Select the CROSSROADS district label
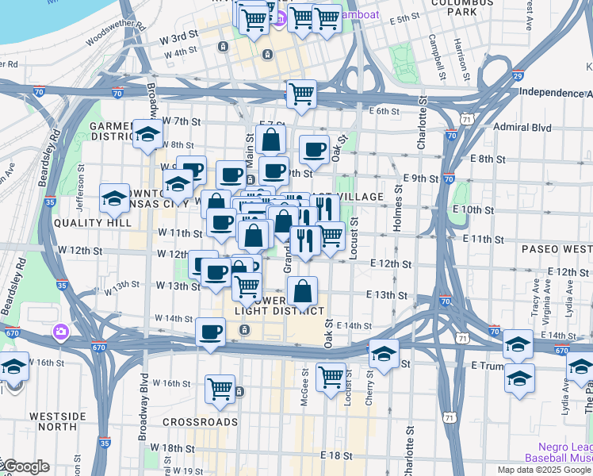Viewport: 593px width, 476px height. pyautogui.click(x=201, y=422)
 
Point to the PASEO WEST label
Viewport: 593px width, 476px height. pyautogui.click(x=556, y=249)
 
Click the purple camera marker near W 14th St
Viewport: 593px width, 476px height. pyautogui.click(x=60, y=331)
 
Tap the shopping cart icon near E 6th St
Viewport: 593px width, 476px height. pyautogui.click(x=301, y=94)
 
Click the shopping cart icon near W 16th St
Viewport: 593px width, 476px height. pyautogui.click(x=220, y=390)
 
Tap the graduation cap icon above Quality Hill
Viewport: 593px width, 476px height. pyautogui.click(x=114, y=198)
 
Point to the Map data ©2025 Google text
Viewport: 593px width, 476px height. pyautogui.click(x=544, y=470)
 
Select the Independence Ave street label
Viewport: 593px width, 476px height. pyautogui.click(x=555, y=92)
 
